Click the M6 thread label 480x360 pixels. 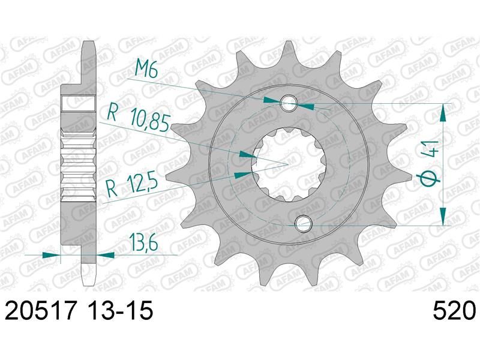[146, 70]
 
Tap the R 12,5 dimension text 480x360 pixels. [131, 185]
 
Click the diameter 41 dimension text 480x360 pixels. [430, 164]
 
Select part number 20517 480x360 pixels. [40, 310]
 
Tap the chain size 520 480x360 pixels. [455, 310]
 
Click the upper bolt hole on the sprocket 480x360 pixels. [289, 103]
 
